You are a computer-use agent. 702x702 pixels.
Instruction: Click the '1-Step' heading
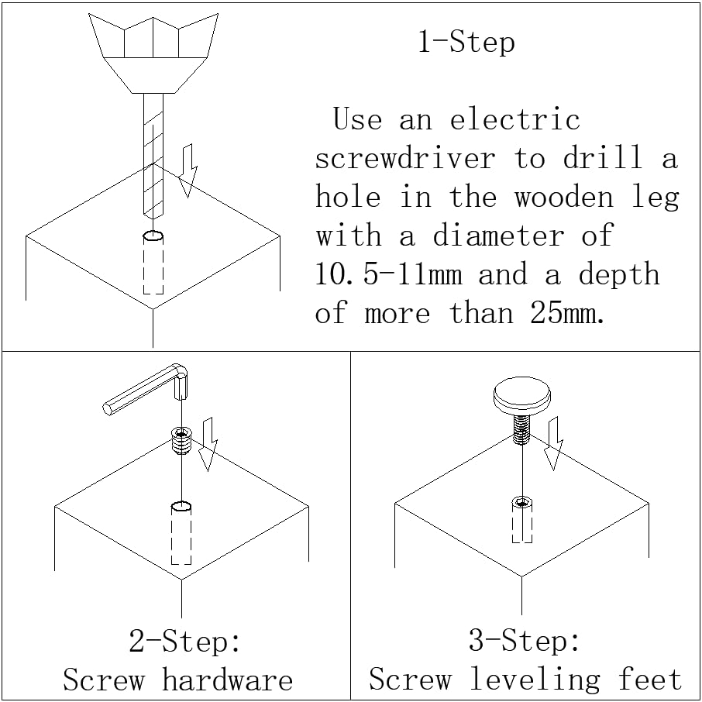tap(466, 41)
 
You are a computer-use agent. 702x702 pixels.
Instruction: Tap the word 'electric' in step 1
tap(514, 120)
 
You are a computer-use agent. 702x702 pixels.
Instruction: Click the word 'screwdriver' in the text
tap(404, 159)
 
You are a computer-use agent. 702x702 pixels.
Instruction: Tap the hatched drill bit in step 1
tap(153, 155)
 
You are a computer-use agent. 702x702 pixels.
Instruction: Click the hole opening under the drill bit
tap(153, 236)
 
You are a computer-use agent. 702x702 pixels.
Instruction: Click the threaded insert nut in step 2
tap(181, 442)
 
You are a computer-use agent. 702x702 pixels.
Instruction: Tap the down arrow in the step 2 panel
tap(207, 445)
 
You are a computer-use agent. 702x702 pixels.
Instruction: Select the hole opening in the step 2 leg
tap(181, 508)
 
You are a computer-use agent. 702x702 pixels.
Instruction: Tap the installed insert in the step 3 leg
tap(522, 505)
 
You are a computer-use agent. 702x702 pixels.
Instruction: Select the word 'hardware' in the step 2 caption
tap(228, 681)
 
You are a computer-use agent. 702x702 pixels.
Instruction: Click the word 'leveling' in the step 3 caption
tap(535, 680)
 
